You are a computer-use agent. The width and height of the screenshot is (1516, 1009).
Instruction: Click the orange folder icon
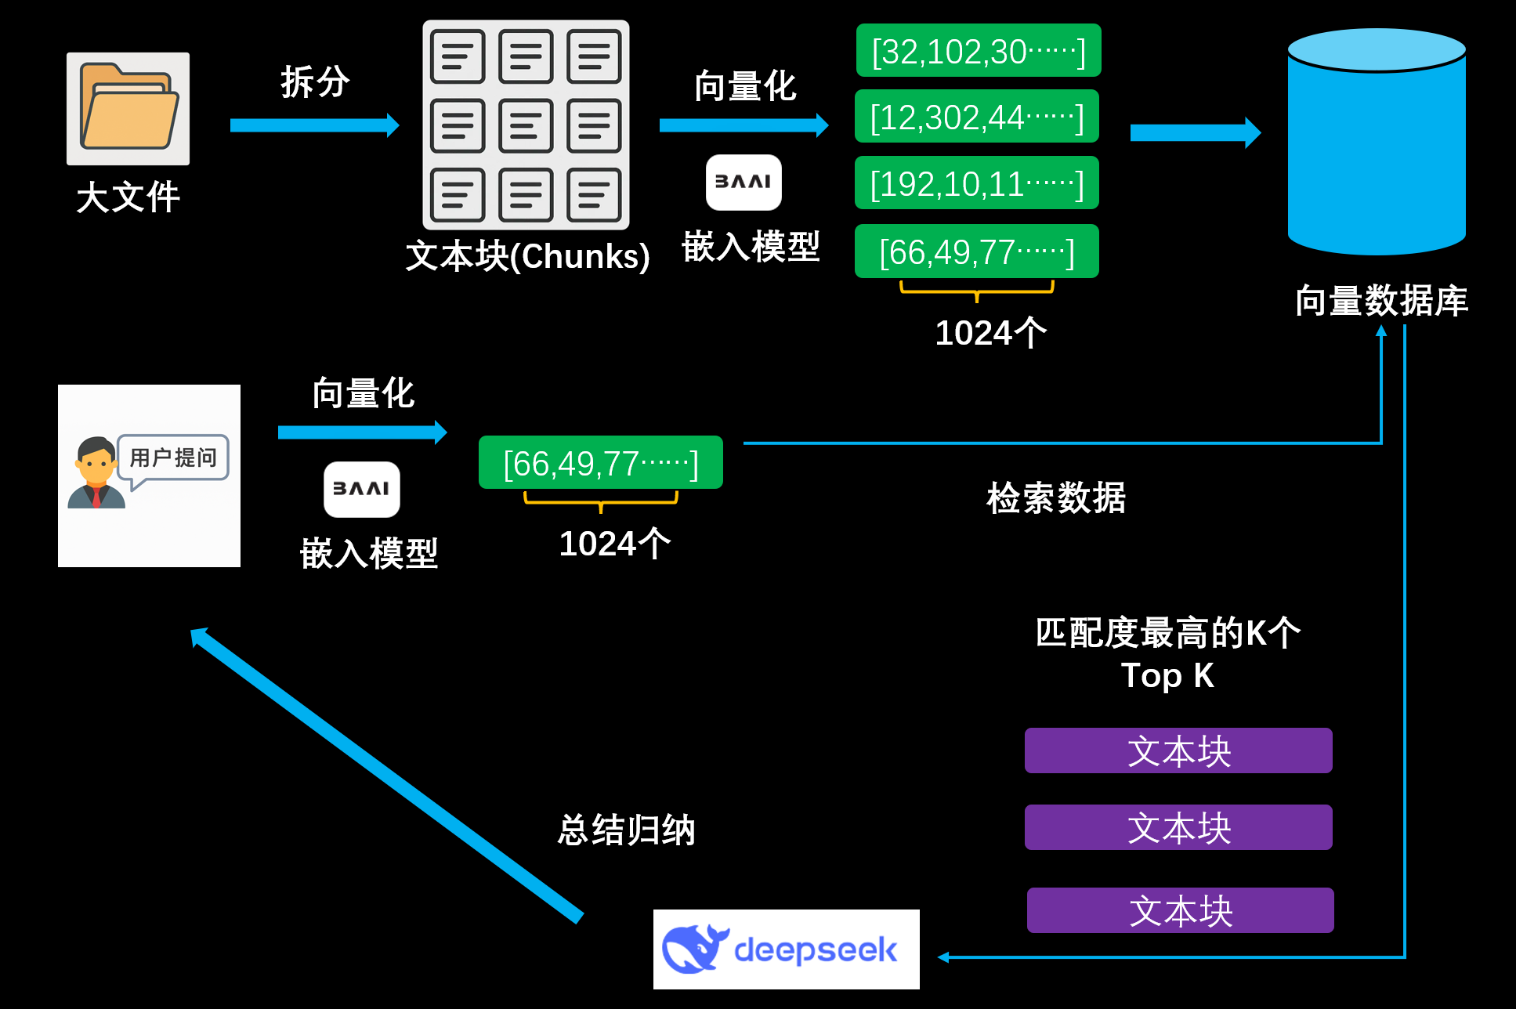point(128,107)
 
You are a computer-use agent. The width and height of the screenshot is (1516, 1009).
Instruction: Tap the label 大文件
point(128,197)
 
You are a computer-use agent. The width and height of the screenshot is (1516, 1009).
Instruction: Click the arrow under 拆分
point(315,125)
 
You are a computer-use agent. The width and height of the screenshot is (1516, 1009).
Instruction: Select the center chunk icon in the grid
point(526,125)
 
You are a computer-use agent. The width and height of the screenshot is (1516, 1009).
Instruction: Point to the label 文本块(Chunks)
point(527,256)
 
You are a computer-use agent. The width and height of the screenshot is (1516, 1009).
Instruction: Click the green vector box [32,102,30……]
point(979,51)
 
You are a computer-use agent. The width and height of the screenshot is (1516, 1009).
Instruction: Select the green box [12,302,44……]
point(977,117)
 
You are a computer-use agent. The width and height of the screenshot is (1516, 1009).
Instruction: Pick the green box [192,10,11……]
point(977,183)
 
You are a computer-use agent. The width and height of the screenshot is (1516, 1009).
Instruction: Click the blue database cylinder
point(1377,142)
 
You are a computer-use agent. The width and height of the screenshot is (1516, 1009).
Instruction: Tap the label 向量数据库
point(1381,301)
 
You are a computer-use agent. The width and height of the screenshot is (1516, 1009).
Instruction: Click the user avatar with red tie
point(96,473)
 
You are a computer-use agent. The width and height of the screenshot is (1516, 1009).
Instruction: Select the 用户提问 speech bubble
point(172,460)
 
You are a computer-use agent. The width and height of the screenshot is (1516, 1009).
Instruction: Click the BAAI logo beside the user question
point(362,490)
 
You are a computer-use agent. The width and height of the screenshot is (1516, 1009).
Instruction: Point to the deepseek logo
point(787,949)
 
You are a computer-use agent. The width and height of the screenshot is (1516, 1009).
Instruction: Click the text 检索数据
point(1056,498)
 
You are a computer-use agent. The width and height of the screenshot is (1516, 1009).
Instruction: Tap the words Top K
point(1167,675)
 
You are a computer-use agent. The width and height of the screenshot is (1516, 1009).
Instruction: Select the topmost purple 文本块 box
point(1178,750)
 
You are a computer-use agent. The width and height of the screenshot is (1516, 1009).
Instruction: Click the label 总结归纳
point(626,830)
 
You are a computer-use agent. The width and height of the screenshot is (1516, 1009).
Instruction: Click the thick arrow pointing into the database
point(1196,132)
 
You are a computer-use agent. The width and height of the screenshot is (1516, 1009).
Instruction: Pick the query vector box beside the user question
point(601,462)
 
